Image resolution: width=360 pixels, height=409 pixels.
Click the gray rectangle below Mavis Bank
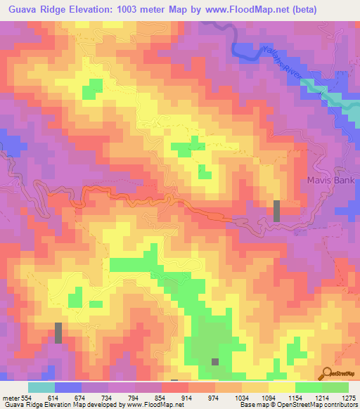click(x=276, y=211)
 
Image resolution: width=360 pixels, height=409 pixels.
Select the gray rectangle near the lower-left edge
click(x=58, y=332)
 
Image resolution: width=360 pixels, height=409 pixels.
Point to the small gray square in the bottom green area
click(x=215, y=362)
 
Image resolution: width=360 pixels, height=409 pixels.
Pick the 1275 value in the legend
click(x=349, y=398)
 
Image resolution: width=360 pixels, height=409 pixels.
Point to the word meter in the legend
click(x=10, y=398)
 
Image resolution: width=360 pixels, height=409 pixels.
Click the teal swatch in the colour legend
click(x=41, y=387)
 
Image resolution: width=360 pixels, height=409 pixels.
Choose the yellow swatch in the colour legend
click(x=282, y=387)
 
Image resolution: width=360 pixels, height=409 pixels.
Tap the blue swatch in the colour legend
click(x=68, y=387)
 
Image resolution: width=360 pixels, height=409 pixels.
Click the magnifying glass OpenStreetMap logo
click(x=327, y=372)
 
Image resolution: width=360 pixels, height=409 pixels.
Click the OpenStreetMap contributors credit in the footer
click(x=316, y=405)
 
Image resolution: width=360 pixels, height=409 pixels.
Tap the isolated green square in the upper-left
click(x=92, y=89)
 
